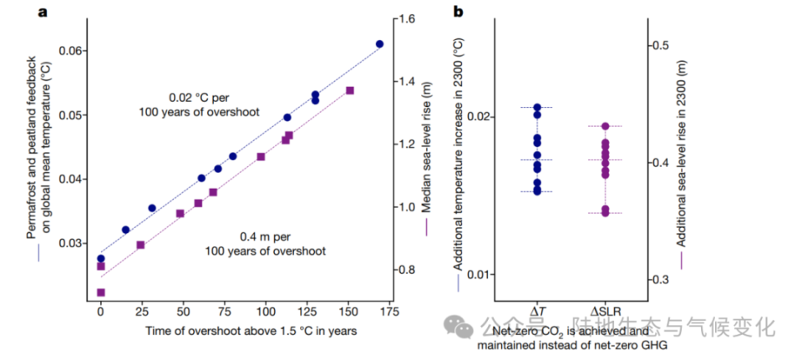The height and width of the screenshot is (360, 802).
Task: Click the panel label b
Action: pyautogui.click(x=458, y=12)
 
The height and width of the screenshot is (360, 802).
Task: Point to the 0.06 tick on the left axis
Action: pyautogui.click(x=73, y=51)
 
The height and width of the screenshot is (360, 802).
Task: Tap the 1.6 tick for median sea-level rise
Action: pyautogui.click(x=407, y=19)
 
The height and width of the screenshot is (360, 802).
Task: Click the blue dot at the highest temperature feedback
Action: pyautogui.click(x=379, y=44)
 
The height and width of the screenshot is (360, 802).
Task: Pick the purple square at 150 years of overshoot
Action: pyautogui.click(x=350, y=90)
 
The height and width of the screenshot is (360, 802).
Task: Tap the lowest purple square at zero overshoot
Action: pyautogui.click(x=101, y=292)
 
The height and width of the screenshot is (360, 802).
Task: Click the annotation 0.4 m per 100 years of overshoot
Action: pyautogui.click(x=265, y=243)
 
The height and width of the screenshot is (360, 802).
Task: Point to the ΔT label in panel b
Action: pyautogui.click(x=539, y=312)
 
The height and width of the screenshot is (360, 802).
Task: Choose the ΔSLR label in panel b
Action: pyautogui.click(x=606, y=312)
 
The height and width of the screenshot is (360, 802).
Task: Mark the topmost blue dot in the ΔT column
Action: pyautogui.click(x=537, y=108)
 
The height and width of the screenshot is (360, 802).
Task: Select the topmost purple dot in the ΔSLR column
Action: pyautogui.click(x=606, y=126)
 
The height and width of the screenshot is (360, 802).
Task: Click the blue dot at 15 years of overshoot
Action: pyautogui.click(x=126, y=230)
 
